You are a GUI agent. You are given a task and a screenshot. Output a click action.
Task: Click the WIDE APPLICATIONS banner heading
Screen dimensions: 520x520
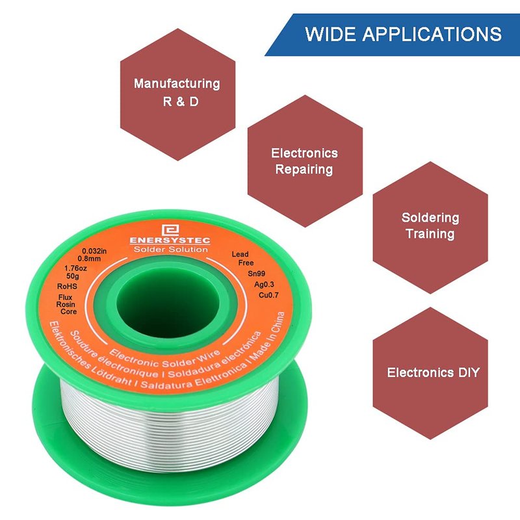click(x=403, y=34)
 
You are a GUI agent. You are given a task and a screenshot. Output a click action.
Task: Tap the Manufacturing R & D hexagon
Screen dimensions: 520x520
click(x=176, y=93)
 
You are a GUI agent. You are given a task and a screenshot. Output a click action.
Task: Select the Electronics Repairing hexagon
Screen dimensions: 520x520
click(x=304, y=161)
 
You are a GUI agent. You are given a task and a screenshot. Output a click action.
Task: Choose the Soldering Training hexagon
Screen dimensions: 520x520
click(x=430, y=226)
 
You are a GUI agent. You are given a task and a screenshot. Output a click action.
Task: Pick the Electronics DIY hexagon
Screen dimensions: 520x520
click(x=432, y=372)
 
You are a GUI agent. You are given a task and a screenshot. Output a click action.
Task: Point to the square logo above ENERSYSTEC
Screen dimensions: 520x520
click(x=170, y=228)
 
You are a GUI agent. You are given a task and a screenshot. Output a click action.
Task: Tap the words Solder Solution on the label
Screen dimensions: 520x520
click(x=170, y=249)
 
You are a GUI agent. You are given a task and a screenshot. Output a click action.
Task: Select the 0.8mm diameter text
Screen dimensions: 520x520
click(x=92, y=259)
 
